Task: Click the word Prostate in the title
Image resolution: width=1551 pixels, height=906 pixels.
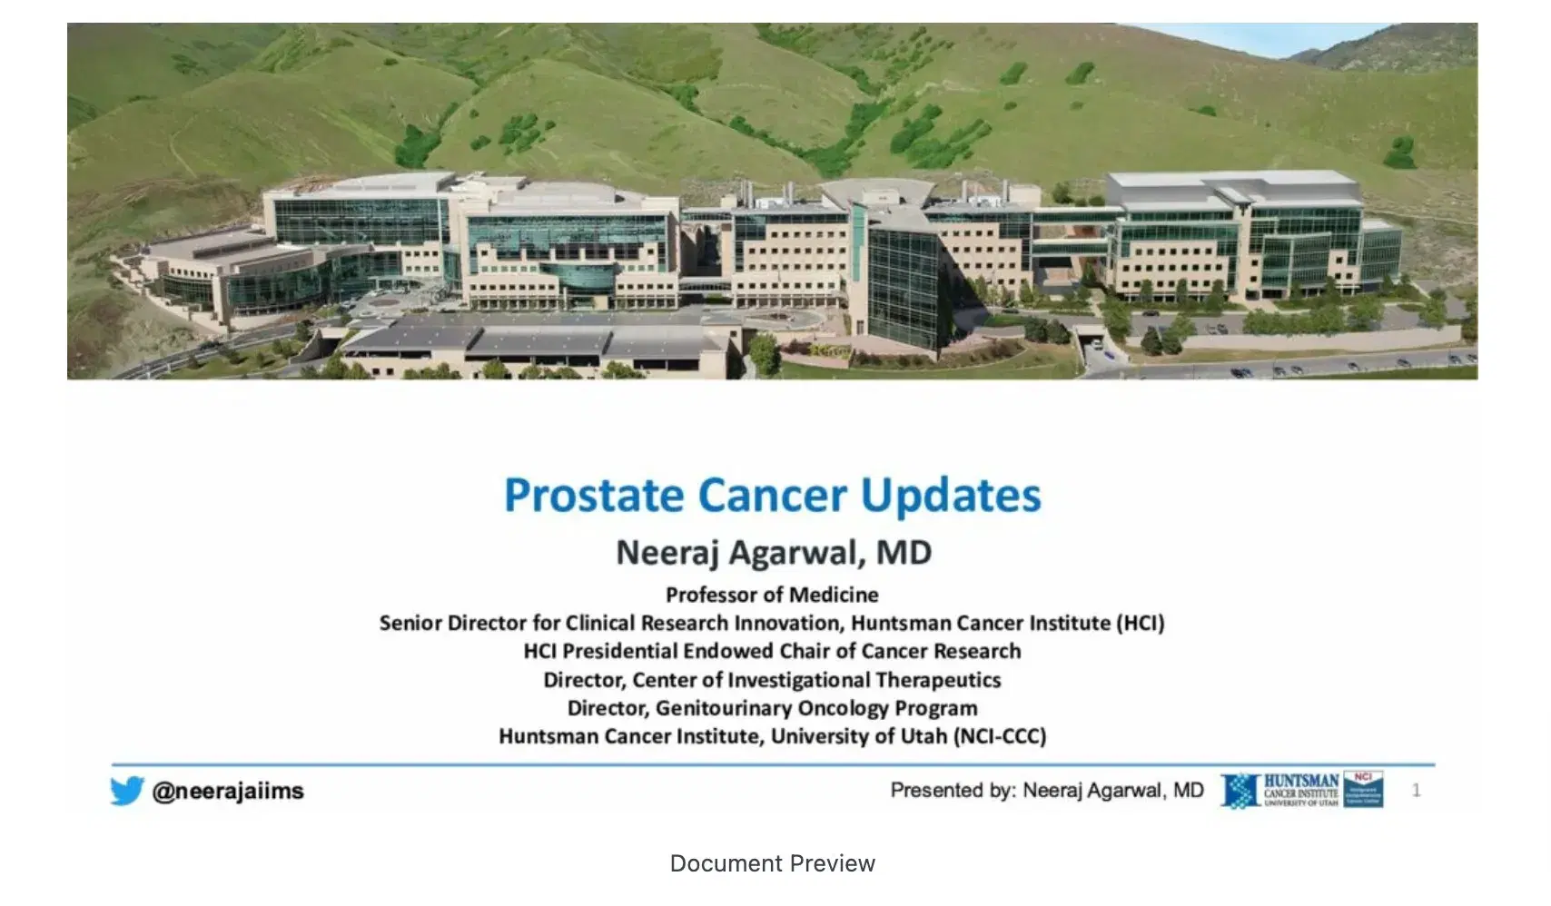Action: click(x=594, y=496)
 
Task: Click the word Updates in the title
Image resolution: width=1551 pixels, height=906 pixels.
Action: click(x=951, y=496)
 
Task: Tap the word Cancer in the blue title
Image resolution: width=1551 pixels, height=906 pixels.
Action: click(x=772, y=496)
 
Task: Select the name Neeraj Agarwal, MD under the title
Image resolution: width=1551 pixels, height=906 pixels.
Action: click(x=774, y=552)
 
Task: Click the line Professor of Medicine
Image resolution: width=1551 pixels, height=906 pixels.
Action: click(x=772, y=595)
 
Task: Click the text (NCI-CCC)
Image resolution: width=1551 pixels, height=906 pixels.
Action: click(x=1000, y=736)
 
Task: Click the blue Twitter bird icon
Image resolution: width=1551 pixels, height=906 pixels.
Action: click(x=127, y=791)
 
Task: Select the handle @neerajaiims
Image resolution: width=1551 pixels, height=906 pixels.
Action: click(x=228, y=791)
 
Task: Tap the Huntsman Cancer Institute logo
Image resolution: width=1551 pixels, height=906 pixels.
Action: click(x=1301, y=790)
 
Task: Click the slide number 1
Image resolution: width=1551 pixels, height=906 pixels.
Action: click(x=1416, y=791)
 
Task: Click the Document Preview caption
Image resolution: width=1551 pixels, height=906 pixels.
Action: click(x=772, y=863)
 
